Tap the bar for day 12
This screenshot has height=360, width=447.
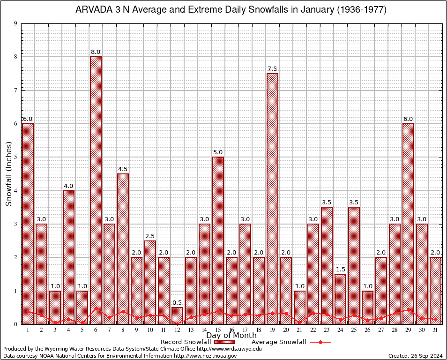tap(177, 315)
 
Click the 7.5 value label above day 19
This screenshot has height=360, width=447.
tap(272, 69)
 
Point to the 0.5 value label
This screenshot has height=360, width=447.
tap(177, 303)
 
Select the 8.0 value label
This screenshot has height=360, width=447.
tap(96, 52)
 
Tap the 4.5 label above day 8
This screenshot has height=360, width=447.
tap(123, 169)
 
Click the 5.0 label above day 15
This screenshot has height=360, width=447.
tap(218, 152)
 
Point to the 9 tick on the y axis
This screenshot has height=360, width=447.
tap(15, 23)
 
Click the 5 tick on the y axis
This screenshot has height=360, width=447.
tap(15, 157)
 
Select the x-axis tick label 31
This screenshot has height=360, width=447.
tap(435, 330)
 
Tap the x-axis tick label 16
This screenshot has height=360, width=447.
tap(231, 330)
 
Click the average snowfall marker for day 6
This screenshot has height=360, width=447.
tap(96, 308)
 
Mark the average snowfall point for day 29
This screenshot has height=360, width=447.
tap(408, 309)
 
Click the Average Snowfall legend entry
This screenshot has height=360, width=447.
tap(291, 342)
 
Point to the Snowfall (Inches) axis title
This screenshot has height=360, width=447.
tap(8, 173)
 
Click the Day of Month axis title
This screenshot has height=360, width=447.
tap(231, 336)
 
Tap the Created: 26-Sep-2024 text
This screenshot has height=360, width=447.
tap(415, 356)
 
